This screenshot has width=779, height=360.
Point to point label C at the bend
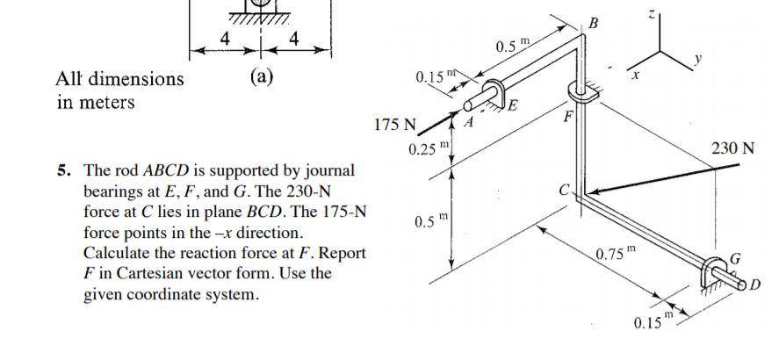click(x=566, y=187)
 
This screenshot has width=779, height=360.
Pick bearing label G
click(x=737, y=258)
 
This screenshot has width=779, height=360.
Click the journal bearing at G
click(x=718, y=270)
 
